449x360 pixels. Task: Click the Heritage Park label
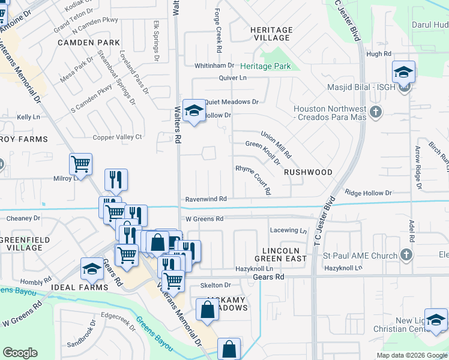[x=266, y=66]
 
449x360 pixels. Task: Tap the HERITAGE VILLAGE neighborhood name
[x=271, y=34]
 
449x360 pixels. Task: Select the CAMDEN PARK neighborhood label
[x=89, y=43]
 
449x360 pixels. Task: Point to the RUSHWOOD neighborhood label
[x=308, y=172]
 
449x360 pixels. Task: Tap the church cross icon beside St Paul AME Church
[x=406, y=255]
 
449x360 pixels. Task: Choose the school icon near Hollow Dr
[x=194, y=110]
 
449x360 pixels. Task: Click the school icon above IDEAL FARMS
[x=92, y=269]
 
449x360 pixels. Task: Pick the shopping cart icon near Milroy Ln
[x=80, y=163]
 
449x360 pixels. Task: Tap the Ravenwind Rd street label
[x=205, y=199]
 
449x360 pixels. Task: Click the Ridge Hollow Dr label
[x=368, y=193]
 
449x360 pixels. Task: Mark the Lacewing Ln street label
[x=288, y=230]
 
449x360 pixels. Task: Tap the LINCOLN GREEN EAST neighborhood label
[x=285, y=254]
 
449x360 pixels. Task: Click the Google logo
[x=20, y=353]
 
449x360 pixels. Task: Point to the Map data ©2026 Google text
[x=411, y=355]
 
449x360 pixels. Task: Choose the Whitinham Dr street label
[x=214, y=65]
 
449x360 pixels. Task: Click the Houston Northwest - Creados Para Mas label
[x=330, y=112]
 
